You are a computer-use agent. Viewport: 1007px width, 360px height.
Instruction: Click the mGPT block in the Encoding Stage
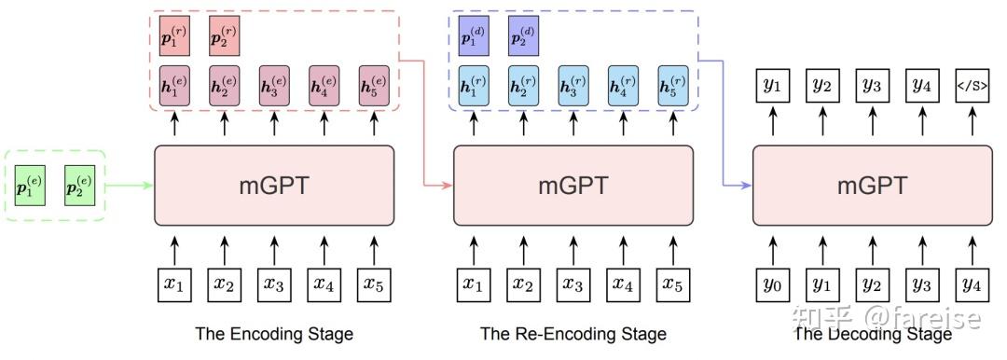(x=273, y=185)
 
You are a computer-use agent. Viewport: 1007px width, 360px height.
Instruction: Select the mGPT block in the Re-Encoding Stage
(x=572, y=185)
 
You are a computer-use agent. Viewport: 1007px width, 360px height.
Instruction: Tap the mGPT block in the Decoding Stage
(x=872, y=185)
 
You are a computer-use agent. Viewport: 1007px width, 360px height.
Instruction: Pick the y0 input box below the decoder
(x=772, y=284)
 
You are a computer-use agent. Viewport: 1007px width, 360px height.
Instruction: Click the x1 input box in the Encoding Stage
(x=173, y=284)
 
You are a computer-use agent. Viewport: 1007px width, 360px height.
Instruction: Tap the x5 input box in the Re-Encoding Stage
(x=672, y=284)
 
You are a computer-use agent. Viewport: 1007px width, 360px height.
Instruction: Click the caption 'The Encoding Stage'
(x=273, y=333)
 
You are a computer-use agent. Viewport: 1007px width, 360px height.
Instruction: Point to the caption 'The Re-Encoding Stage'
(x=572, y=333)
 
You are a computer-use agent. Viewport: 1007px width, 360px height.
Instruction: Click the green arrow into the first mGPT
(x=131, y=185)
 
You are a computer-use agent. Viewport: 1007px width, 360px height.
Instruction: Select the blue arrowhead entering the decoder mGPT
(x=747, y=185)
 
